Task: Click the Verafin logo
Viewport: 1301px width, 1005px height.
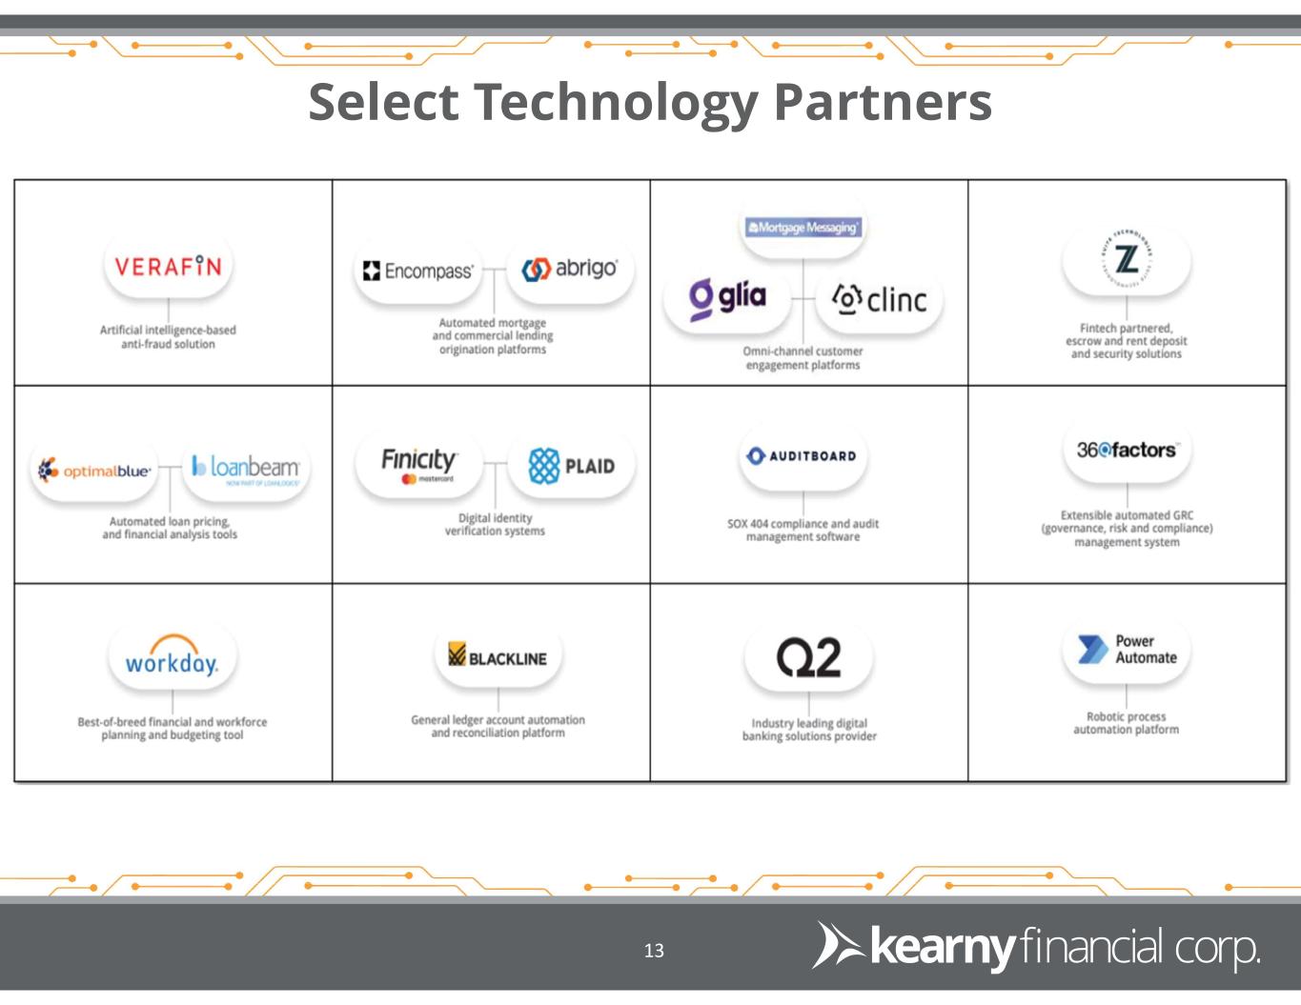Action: click(168, 266)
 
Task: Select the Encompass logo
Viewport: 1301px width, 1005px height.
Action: click(417, 271)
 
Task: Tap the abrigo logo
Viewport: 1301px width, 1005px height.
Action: click(570, 269)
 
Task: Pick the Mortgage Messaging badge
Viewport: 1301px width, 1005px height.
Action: click(803, 228)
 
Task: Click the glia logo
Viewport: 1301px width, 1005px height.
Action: click(728, 297)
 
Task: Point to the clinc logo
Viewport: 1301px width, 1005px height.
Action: click(879, 300)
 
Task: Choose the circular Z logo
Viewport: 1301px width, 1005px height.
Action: click(1126, 260)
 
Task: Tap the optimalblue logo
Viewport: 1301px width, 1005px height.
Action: click(93, 471)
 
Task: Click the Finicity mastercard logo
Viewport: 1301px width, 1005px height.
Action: click(418, 464)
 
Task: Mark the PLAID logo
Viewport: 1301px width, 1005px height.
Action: click(571, 466)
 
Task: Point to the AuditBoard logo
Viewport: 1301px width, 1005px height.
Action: click(803, 456)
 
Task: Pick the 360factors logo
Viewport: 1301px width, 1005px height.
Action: click(1126, 450)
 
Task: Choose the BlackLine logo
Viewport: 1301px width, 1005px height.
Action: click(498, 657)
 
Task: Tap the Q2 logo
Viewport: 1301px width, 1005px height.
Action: click(808, 658)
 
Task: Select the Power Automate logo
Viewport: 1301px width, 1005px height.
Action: click(1127, 650)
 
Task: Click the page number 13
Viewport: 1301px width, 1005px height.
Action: click(654, 951)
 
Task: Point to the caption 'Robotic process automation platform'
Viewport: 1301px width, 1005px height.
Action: click(1126, 723)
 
